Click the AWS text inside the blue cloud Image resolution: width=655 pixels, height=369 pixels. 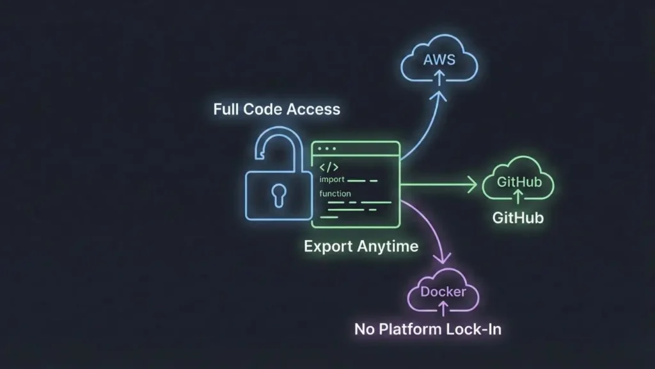[439, 60]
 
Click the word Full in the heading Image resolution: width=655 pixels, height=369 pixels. [226, 109]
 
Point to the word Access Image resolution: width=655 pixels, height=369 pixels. [313, 109]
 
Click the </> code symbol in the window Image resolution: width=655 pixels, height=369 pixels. [329, 167]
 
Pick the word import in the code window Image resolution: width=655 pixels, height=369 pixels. [332, 179]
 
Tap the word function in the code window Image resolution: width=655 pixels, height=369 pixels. [335, 193]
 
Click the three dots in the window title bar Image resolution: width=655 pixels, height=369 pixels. [327, 149]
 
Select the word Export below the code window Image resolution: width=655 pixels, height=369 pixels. [326, 246]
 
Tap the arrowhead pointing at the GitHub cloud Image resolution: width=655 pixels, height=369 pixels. [473, 186]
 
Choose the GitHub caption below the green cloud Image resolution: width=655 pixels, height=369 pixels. [518, 218]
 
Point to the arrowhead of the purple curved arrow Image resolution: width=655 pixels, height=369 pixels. [440, 259]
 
